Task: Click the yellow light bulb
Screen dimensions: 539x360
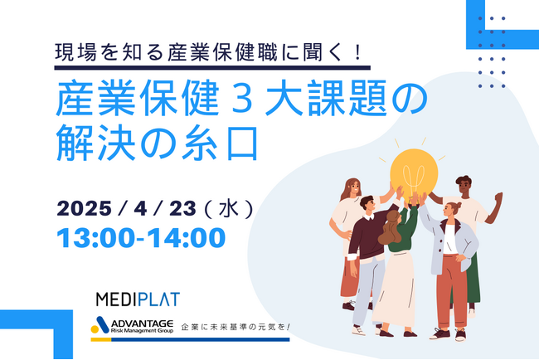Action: pos(414,174)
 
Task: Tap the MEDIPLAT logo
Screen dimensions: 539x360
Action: pos(138,299)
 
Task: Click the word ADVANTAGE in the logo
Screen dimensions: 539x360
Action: pos(142,324)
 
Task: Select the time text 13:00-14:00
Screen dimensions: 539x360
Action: pos(141,237)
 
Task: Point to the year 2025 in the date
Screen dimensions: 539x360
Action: pos(85,208)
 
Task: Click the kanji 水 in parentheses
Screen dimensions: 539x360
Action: pos(229,208)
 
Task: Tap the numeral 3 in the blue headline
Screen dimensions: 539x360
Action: pos(242,99)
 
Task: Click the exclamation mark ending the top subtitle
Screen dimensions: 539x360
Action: pos(358,52)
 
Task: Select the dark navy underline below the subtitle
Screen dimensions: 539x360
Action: pos(212,68)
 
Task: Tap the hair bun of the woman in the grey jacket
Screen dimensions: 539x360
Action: pos(458,205)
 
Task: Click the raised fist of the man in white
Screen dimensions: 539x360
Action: pos(498,197)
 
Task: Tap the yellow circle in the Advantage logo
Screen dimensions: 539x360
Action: pos(95,329)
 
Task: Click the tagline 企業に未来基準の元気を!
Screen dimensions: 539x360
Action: pos(236,327)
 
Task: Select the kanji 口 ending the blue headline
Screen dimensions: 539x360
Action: pos(242,143)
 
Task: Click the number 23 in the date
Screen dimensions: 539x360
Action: pos(183,208)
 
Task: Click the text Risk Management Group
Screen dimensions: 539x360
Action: pos(142,331)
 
